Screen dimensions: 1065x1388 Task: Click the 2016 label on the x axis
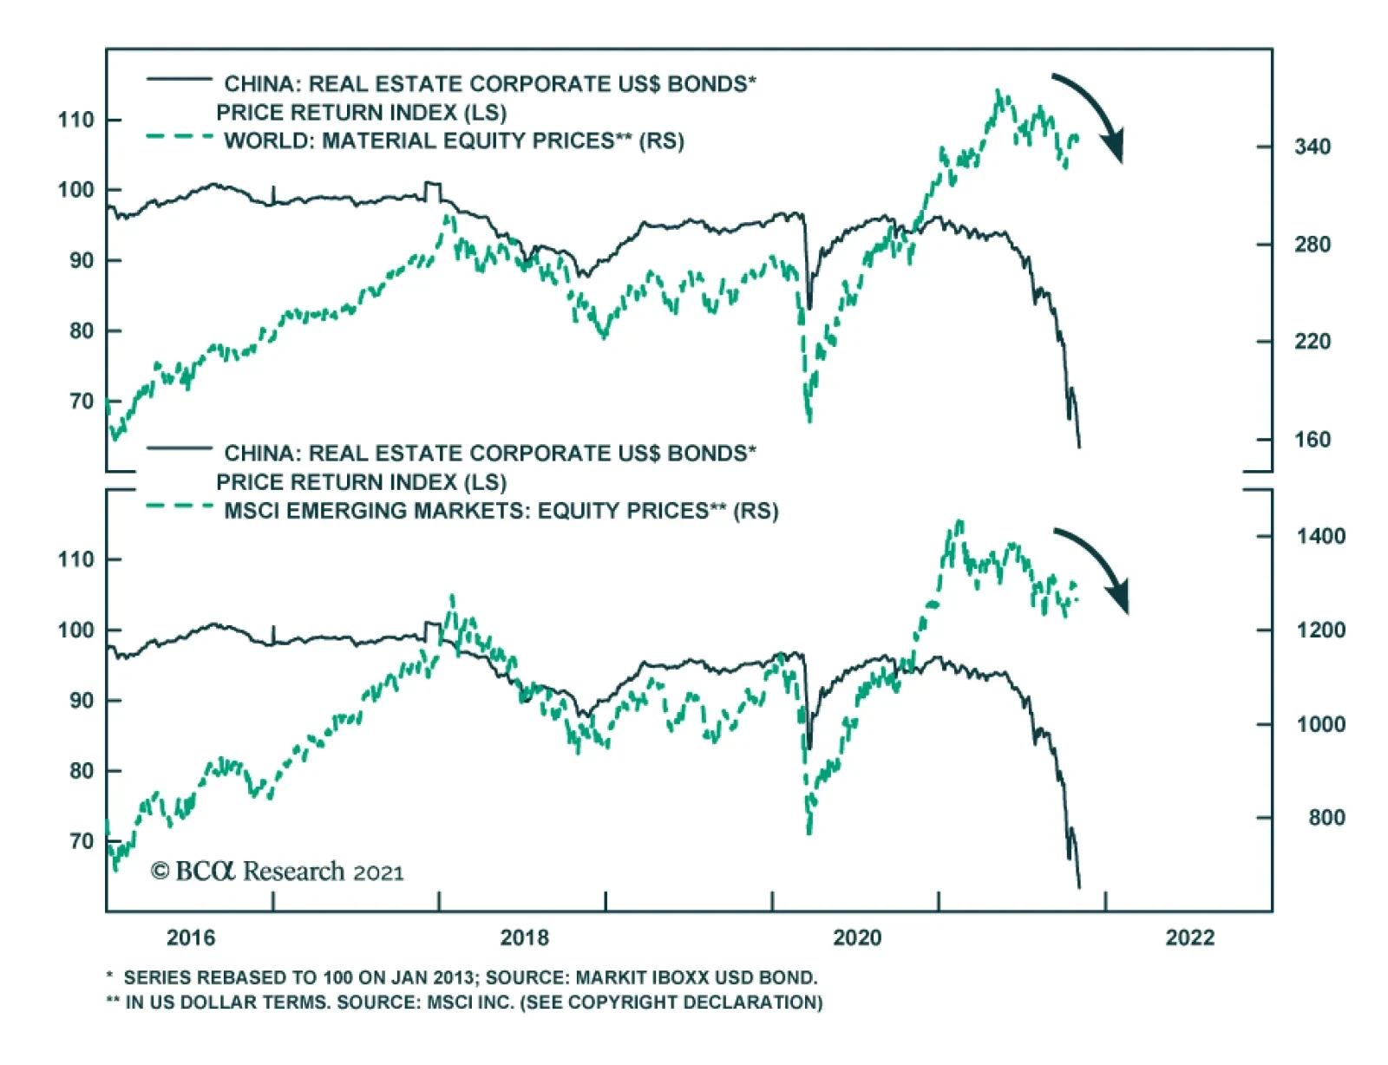pyautogui.click(x=191, y=938)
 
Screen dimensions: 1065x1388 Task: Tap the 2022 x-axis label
pyautogui.click(x=1190, y=938)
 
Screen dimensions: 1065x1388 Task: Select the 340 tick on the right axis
pyautogui.click(x=1312, y=147)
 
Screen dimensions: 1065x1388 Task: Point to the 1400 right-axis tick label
pyautogui.click(x=1320, y=536)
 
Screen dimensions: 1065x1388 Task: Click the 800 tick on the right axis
pyautogui.click(x=1326, y=818)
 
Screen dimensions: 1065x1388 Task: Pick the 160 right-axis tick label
pyautogui.click(x=1312, y=440)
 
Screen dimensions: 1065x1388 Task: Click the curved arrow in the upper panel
pyautogui.click(x=1091, y=114)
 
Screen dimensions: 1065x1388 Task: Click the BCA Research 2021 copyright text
pyautogui.click(x=278, y=871)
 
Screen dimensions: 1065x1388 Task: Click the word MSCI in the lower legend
pyautogui.click(x=252, y=511)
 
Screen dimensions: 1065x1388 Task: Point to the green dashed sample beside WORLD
pyautogui.click(x=180, y=137)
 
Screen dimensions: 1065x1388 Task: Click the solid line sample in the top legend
pyautogui.click(x=180, y=80)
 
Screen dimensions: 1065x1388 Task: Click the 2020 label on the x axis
pyautogui.click(x=857, y=938)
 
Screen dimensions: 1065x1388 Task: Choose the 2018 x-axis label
pyautogui.click(x=525, y=938)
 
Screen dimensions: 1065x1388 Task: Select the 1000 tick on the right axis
pyautogui.click(x=1320, y=724)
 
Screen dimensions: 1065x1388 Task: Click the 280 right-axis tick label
pyautogui.click(x=1312, y=245)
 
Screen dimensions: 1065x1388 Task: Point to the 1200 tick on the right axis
pyautogui.click(x=1320, y=631)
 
